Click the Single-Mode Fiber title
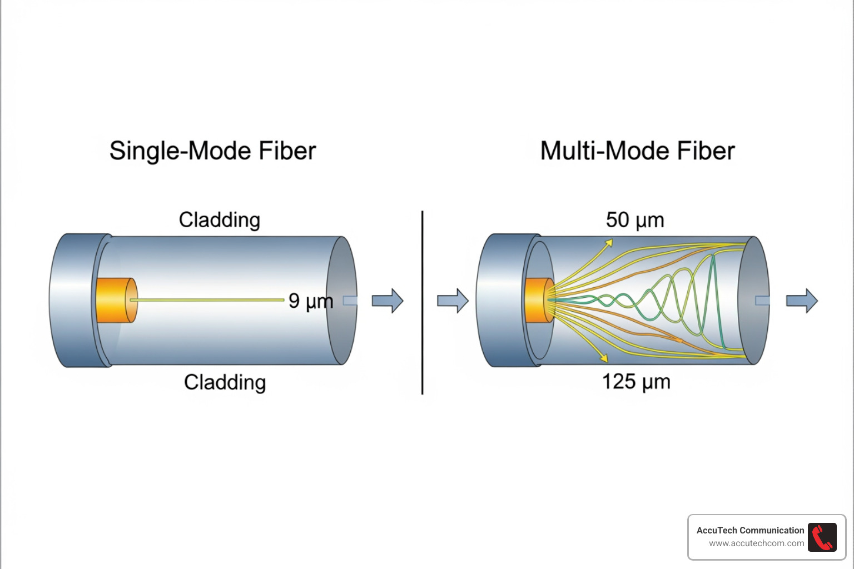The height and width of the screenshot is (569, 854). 212,151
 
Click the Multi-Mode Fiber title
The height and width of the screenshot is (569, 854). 637,151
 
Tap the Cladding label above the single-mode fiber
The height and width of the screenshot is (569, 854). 219,220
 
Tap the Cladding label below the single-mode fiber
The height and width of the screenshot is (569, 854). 225,382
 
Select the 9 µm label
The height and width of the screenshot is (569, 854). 310,301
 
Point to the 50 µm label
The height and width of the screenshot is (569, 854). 635,220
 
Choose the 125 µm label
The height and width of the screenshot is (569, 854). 636,382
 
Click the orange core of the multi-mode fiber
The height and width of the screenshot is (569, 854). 536,300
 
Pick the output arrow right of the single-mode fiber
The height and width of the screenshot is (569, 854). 388,301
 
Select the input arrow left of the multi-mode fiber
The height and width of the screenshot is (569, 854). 453,301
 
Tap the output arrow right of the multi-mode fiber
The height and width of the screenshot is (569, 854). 802,301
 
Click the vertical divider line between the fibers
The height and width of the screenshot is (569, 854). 423,302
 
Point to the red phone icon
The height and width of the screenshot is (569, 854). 822,537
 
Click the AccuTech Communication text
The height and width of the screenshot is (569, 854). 750,530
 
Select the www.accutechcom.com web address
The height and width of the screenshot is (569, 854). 756,543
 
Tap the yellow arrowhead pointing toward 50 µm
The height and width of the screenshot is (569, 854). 609,243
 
